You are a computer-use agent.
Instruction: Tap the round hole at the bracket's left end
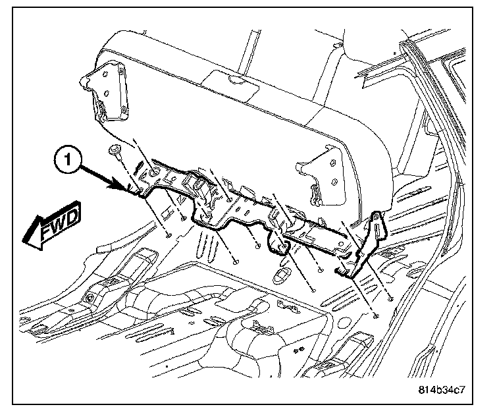[153, 172]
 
